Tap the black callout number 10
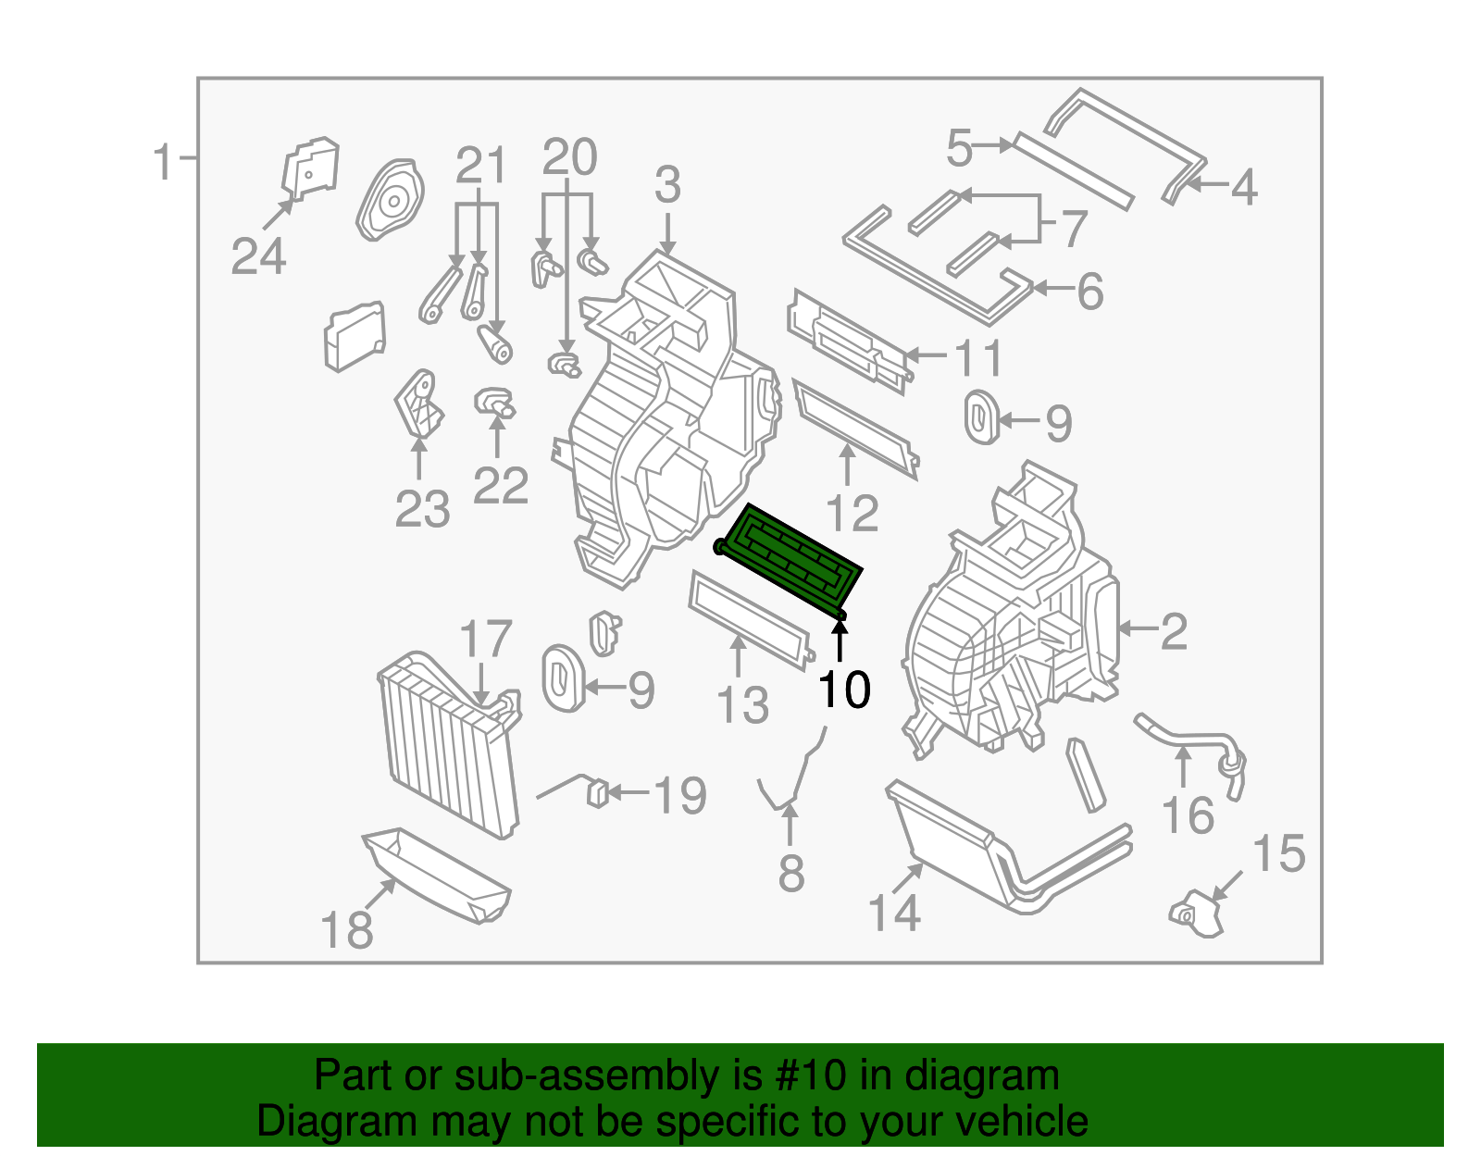843,690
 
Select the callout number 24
258,256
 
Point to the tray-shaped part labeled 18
437,875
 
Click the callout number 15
1278,853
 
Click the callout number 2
1173,631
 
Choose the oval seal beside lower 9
562,679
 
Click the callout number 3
667,185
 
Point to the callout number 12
851,513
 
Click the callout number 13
742,705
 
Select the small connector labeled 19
598,793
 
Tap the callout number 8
790,874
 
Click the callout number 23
422,509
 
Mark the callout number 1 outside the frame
163,162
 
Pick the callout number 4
1243,187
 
